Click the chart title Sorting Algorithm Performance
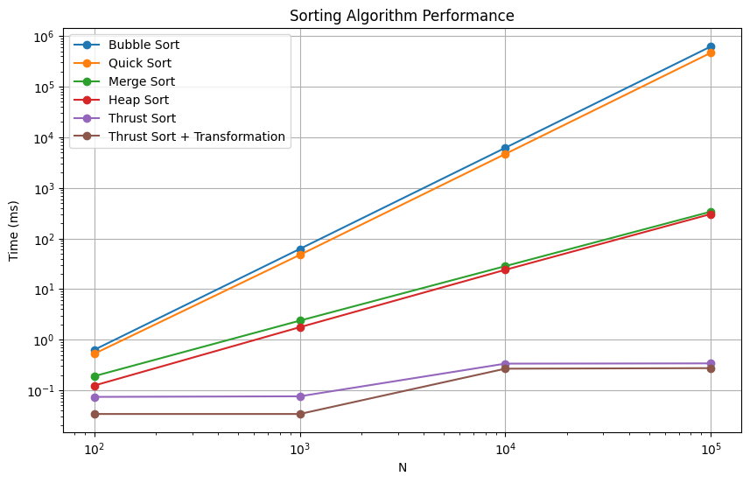[x=403, y=16]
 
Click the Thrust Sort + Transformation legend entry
[x=196, y=136]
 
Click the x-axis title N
[x=403, y=467]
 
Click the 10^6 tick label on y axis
[x=45, y=37]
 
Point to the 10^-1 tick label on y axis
[x=43, y=390]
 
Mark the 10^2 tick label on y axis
[x=45, y=239]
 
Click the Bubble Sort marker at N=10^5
[x=711, y=46]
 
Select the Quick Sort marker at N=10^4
[x=505, y=154]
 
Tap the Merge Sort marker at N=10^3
[x=300, y=320]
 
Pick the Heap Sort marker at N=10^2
[x=95, y=386]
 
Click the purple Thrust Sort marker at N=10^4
[x=505, y=364]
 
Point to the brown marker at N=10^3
[x=300, y=414]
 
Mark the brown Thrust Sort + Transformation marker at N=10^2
[x=95, y=414]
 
